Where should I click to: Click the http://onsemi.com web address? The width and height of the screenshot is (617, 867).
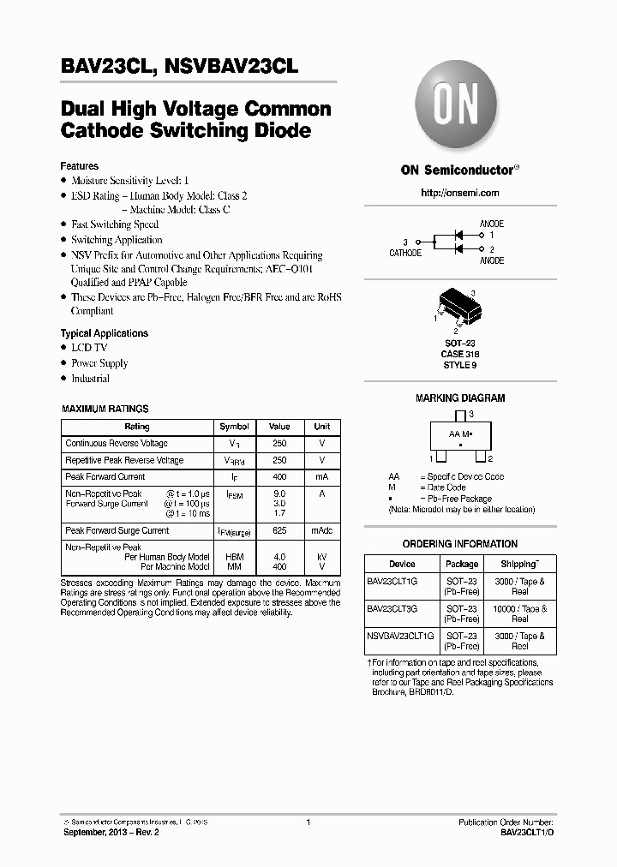coord(459,193)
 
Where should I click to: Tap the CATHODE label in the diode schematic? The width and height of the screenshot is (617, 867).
coord(405,254)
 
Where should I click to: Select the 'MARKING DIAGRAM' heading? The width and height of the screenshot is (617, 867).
coord(460,398)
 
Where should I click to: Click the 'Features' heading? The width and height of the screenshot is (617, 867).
coord(79,166)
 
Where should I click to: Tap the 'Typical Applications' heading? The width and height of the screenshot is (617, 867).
coord(104,333)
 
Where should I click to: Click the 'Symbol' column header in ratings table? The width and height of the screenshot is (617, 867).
coord(234,427)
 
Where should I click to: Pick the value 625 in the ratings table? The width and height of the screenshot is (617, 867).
coord(279,530)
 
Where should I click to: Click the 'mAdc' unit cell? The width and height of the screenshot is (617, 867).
coord(321,530)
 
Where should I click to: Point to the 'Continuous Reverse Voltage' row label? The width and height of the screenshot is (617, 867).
coord(117,444)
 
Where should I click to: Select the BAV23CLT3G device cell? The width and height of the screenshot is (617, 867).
coord(392,608)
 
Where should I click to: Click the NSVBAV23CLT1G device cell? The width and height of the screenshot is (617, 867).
coord(400,637)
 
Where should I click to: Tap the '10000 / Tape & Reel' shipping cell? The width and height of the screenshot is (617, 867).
coord(520,613)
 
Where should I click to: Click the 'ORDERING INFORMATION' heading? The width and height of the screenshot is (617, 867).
coord(460,544)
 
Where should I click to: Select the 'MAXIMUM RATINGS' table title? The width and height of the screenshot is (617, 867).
coord(105,410)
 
